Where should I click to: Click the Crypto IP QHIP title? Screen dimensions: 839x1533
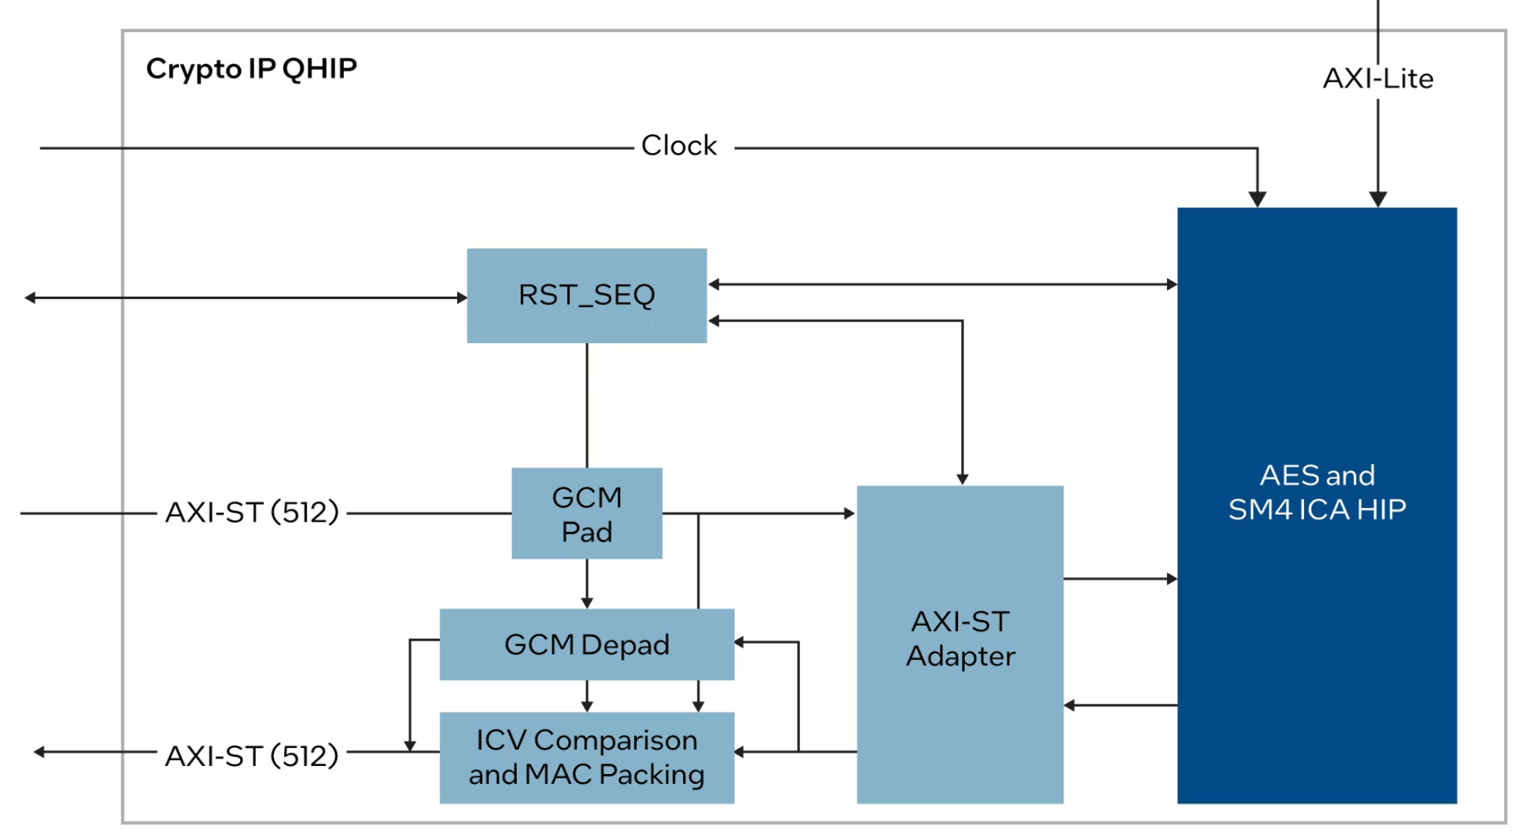tap(251, 69)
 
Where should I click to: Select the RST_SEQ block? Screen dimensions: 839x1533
tap(586, 295)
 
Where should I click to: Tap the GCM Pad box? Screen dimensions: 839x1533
tap(586, 513)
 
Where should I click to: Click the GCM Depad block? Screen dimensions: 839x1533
tap(586, 644)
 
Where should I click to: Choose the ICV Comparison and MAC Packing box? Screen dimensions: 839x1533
tap(586, 757)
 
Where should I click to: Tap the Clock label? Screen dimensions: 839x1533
tap(679, 145)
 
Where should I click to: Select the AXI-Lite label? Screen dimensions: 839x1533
tap(1377, 78)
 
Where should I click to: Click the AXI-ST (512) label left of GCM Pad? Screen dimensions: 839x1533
tap(251, 512)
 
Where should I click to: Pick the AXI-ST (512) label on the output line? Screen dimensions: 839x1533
tap(251, 755)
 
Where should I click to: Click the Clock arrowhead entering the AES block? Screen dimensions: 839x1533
tap(1257, 199)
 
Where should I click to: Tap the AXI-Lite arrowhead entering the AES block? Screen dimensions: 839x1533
tap(1377, 199)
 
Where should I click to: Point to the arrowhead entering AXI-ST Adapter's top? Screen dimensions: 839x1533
tap(962, 479)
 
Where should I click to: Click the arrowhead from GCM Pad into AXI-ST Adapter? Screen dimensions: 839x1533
tap(849, 513)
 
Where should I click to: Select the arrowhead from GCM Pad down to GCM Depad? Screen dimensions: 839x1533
tap(587, 603)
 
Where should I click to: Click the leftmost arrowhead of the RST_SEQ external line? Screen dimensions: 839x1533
tap(31, 298)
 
